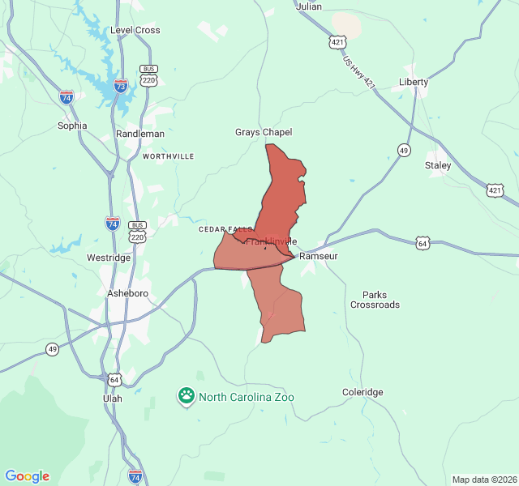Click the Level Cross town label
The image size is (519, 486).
135,30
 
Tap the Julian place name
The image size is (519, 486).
309,6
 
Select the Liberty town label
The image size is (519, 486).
414,82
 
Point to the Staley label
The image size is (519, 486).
438,165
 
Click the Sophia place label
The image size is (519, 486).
72,126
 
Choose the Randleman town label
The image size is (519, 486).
140,134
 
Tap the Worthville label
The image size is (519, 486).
168,156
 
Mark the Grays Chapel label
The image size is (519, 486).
264,132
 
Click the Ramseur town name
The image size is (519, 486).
318,256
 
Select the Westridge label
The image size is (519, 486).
109,258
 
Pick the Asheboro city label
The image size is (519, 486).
127,292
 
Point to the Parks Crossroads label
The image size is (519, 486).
375,300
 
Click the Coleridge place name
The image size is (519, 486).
362,392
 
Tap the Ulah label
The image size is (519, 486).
113,399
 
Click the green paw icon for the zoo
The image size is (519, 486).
187,396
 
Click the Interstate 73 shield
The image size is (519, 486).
120,86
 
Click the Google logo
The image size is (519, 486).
27,476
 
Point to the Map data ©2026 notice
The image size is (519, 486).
483,480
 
